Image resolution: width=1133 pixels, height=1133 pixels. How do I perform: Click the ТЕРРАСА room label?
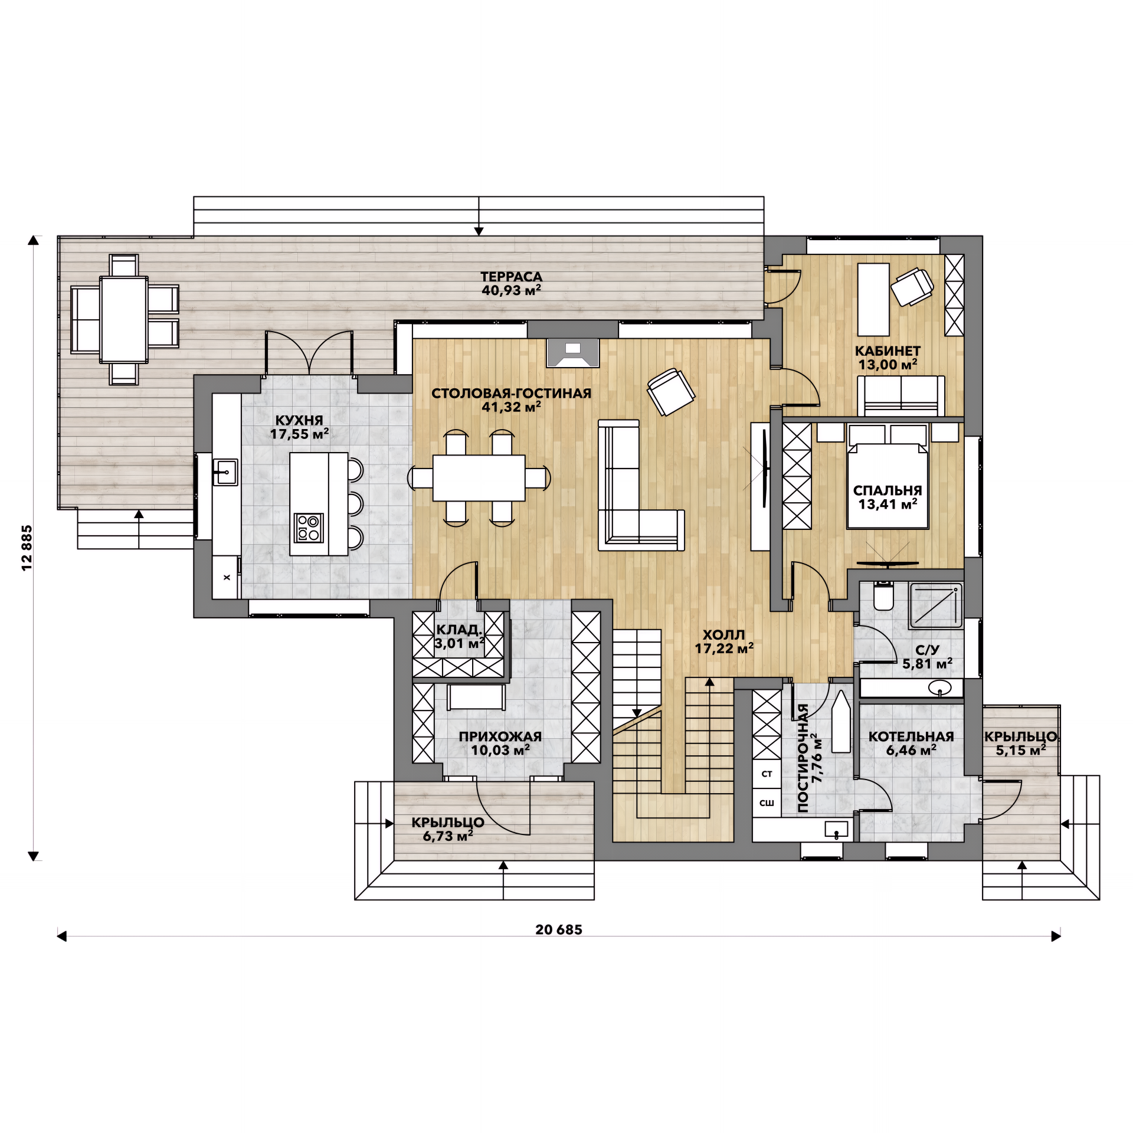tap(511, 277)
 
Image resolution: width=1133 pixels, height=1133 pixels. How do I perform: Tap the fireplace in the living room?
tap(572, 353)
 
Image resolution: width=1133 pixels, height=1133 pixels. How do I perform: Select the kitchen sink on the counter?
tap(225, 472)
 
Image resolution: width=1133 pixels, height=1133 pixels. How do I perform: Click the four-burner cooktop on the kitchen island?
tap(309, 528)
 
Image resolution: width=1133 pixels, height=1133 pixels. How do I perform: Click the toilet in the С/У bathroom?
tap(883, 596)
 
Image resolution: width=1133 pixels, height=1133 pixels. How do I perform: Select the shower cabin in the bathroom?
tap(936, 605)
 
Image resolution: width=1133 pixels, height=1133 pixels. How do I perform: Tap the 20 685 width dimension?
tap(558, 930)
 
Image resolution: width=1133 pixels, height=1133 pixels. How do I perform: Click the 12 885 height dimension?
tap(27, 548)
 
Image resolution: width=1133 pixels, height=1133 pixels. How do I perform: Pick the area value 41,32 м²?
tap(511, 407)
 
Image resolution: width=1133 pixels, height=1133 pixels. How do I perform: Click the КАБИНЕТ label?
tap(888, 351)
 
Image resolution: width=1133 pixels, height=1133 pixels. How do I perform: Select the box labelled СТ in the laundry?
tap(767, 774)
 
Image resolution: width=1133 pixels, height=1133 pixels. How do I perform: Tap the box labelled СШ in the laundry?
tap(767, 803)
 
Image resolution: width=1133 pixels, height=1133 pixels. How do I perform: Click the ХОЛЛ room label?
tap(723, 636)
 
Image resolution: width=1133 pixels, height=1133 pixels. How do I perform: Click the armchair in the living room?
tap(671, 392)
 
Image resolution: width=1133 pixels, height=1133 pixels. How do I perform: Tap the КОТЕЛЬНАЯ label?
tap(911, 737)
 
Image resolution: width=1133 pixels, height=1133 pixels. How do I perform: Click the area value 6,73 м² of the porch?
tap(448, 836)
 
